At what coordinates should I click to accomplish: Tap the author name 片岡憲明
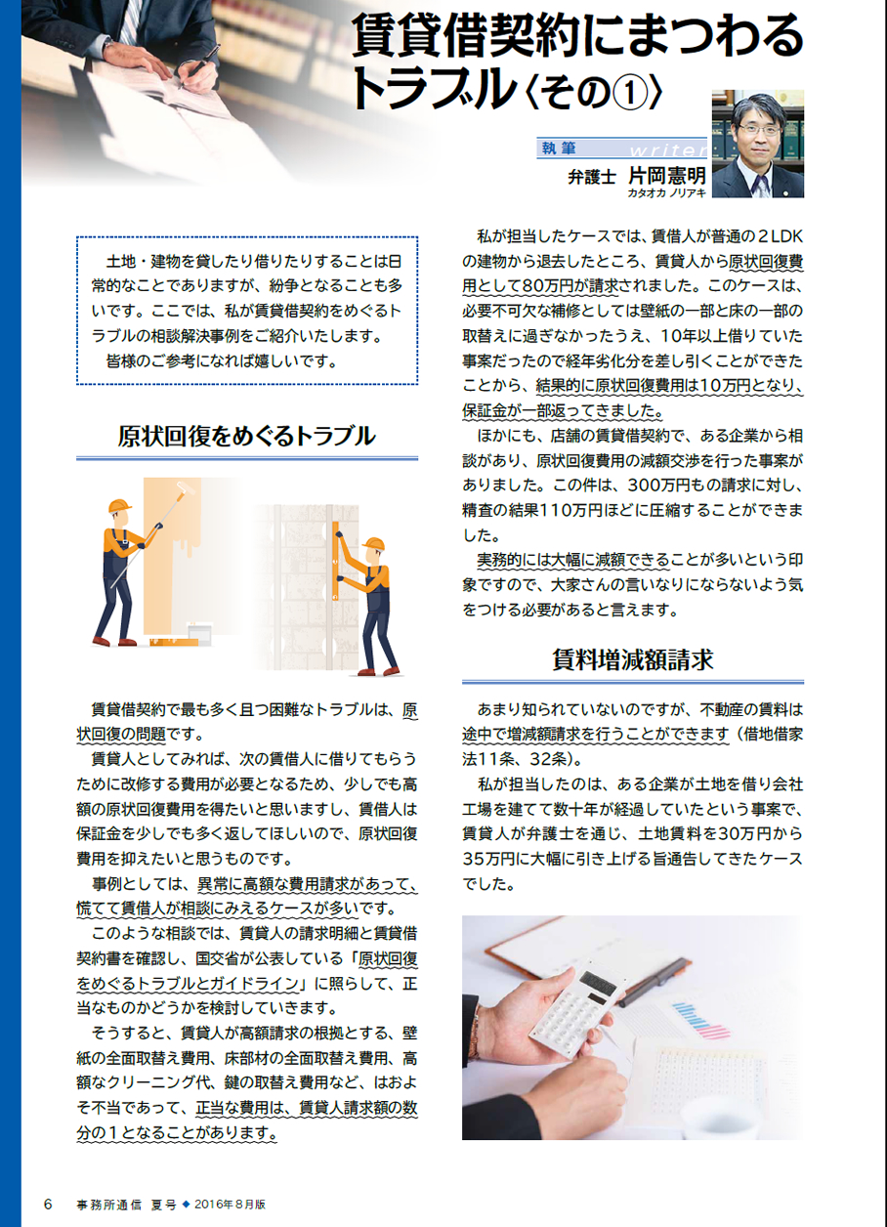tap(666, 176)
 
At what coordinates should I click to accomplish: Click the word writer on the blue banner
tap(668, 149)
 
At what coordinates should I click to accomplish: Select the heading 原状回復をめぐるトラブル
tap(246, 436)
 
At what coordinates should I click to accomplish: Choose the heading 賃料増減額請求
tap(633, 660)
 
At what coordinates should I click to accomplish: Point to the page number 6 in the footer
tap(48, 1205)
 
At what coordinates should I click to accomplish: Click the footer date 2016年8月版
tap(231, 1205)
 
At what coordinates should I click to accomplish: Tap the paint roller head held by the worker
tap(185, 487)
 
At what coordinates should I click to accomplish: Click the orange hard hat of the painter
tap(120, 506)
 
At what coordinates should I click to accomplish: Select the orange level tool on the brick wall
tap(335, 561)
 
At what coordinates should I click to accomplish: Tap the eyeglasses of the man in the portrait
tap(759, 130)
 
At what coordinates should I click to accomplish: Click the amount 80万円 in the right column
tap(547, 286)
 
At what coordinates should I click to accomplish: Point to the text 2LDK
tap(781, 236)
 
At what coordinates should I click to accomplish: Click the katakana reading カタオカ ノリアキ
tap(667, 193)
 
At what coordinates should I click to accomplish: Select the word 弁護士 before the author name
tap(592, 177)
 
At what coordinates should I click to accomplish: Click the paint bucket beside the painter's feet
tap(199, 634)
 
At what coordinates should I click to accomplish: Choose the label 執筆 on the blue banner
tap(558, 148)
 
